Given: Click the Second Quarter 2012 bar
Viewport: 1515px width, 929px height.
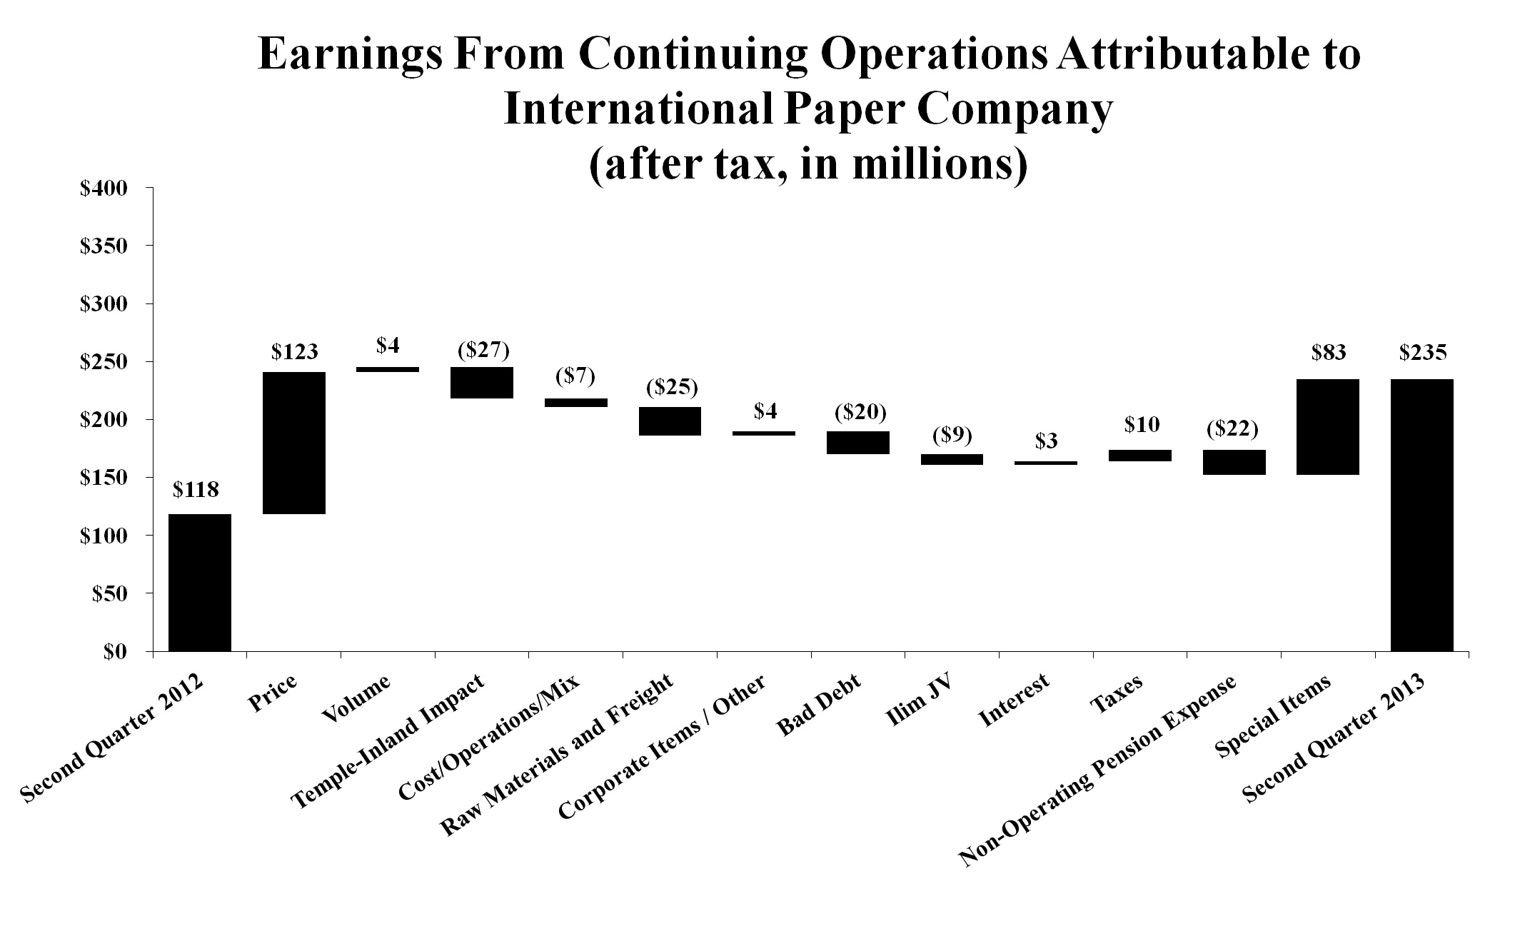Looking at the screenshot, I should [x=199, y=582].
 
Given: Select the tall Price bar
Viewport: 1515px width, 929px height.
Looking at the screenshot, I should [x=294, y=443].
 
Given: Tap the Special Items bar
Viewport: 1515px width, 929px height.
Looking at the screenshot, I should [x=1328, y=427].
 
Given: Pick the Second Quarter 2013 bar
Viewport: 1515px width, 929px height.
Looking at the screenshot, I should [x=1421, y=515].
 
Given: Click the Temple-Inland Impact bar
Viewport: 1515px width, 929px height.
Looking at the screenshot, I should [x=482, y=383].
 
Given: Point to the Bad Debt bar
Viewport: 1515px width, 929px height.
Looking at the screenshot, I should [x=858, y=443].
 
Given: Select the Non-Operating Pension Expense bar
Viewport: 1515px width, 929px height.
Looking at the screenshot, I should [x=1234, y=462].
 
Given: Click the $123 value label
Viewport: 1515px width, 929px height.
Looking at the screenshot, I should [x=294, y=352].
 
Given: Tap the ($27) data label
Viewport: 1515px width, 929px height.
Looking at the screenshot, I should [x=483, y=350].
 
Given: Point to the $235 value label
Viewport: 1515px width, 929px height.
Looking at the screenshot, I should [x=1422, y=352].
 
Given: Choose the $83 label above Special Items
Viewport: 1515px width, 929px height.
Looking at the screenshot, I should [x=1328, y=352].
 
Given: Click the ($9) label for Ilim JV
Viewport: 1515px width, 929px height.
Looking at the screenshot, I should [x=952, y=436].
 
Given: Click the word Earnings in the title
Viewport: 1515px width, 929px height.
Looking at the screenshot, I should [x=350, y=56].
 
